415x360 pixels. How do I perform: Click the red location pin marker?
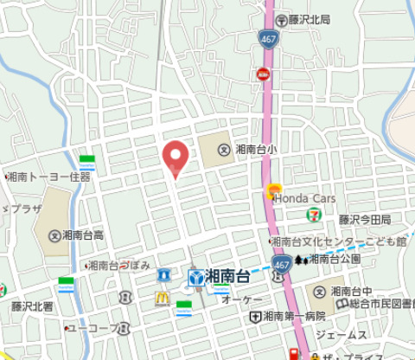(176, 156)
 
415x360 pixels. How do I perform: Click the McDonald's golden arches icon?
(161, 298)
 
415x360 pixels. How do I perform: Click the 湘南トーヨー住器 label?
(51, 176)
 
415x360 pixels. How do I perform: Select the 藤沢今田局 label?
(364, 220)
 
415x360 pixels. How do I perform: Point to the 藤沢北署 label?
(32, 306)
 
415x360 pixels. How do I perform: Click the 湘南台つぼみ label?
(123, 264)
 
